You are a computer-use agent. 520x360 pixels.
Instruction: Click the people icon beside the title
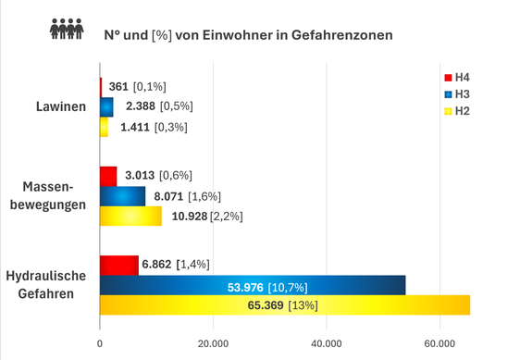(67, 31)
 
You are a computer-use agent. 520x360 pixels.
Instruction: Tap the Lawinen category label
(62, 106)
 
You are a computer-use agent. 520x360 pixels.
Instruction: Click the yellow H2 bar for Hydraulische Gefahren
(284, 305)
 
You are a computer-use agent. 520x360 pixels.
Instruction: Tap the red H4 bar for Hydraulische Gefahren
(118, 266)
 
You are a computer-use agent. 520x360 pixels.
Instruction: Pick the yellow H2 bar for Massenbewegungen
(130, 216)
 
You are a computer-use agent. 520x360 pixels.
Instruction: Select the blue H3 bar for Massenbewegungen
(122, 196)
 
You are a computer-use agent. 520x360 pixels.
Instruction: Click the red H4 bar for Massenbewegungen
(108, 176)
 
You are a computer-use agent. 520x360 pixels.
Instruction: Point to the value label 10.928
(188, 216)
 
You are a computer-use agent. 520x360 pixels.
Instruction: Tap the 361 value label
(117, 86)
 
